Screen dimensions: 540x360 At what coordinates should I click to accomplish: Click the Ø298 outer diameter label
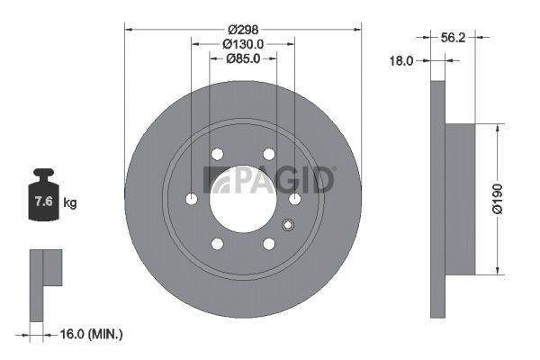[x=243, y=30]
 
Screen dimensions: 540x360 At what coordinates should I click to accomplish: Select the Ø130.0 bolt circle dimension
[x=243, y=44]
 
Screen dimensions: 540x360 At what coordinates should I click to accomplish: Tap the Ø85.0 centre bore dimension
[x=243, y=58]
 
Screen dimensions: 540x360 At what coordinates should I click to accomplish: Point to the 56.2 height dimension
[x=453, y=38]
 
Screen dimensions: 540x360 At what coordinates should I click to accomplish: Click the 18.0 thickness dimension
[x=401, y=61]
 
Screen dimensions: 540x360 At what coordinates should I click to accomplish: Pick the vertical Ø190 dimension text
[x=498, y=199]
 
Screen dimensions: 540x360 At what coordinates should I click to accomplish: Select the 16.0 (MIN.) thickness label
[x=91, y=334]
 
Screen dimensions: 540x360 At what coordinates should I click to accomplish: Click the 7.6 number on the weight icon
[x=44, y=202]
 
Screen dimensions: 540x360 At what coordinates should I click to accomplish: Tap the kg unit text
[x=70, y=202]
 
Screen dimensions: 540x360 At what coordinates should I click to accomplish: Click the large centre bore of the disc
[x=243, y=199]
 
